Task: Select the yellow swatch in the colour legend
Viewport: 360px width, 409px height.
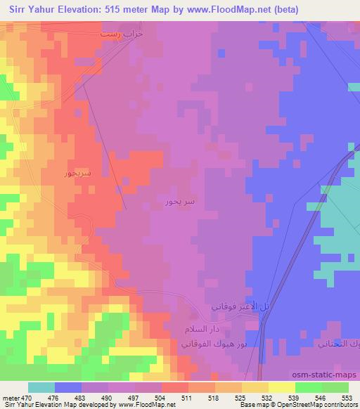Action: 281,388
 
